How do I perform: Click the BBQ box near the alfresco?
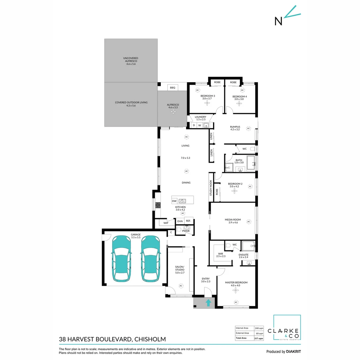click(172, 88)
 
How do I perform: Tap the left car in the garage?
click(122, 259)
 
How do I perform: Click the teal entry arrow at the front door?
click(208, 303)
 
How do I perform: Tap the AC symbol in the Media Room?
click(248, 221)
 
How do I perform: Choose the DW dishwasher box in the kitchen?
click(174, 201)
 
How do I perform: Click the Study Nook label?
click(211, 188)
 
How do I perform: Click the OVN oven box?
click(180, 221)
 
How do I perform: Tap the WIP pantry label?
click(166, 223)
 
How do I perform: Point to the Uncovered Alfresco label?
click(130, 61)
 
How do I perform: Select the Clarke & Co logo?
click(287, 328)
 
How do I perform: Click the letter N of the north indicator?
click(278, 21)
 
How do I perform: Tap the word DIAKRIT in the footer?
click(295, 352)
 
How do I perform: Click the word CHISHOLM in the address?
click(151, 340)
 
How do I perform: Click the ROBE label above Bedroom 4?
click(233, 82)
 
